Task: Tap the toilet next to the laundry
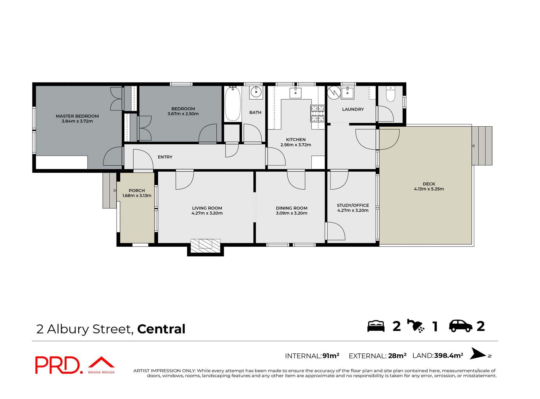(x=390, y=94)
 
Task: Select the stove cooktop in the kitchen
(x=318, y=113)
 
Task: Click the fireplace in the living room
(x=205, y=246)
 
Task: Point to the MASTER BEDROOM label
(x=77, y=116)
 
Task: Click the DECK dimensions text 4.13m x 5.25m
(x=429, y=189)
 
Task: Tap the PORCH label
(x=137, y=190)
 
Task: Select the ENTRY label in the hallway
(x=165, y=157)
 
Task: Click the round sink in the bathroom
(x=256, y=92)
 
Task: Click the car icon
(x=460, y=326)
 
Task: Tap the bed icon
(x=376, y=326)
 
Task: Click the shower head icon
(x=416, y=326)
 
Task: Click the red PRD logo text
(x=58, y=365)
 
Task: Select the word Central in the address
(x=161, y=329)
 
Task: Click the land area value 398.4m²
(x=448, y=356)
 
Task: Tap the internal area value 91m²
(x=331, y=356)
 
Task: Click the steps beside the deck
(x=482, y=146)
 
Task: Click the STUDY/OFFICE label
(x=353, y=205)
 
